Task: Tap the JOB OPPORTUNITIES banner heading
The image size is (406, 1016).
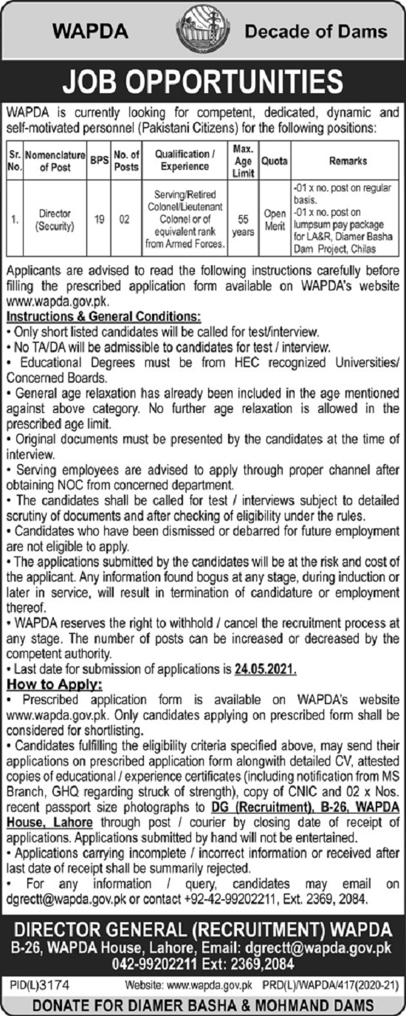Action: (x=203, y=83)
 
